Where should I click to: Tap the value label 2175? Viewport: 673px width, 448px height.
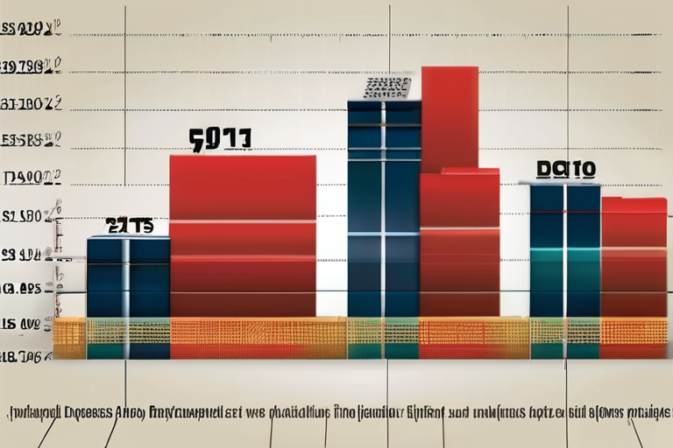click(130, 226)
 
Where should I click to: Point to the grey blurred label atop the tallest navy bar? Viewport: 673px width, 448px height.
click(387, 87)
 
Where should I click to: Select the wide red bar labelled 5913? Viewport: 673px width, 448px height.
click(243, 236)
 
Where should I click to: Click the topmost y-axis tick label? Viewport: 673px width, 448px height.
click(32, 31)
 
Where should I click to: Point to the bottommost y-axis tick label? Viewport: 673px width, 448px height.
click(32, 356)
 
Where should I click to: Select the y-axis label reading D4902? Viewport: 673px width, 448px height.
click(32, 178)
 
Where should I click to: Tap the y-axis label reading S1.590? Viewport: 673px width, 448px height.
click(32, 215)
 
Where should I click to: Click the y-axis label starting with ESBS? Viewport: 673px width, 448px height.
click(32, 139)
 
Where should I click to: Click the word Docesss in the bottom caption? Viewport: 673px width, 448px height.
click(101, 410)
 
